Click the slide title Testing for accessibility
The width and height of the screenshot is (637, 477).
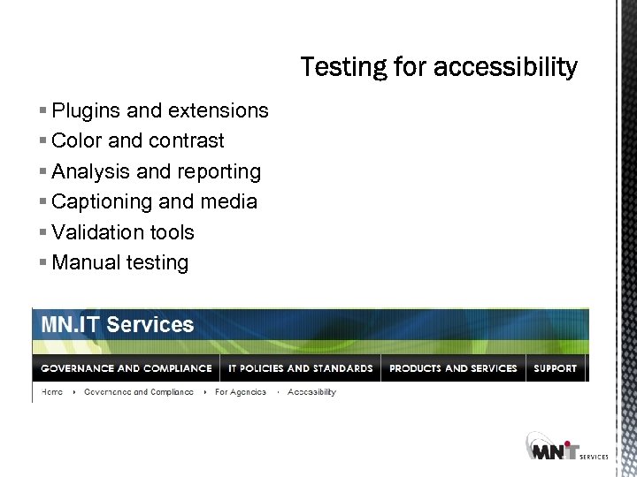coord(439,67)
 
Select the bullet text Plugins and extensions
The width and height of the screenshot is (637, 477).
coord(160,110)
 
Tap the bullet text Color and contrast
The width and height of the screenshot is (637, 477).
coord(138,140)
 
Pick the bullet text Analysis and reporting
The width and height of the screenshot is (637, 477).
coord(157,171)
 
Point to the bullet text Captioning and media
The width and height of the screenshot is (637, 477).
coord(155,201)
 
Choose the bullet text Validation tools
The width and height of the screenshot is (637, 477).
coord(123,232)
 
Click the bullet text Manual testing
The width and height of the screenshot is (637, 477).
coord(120,262)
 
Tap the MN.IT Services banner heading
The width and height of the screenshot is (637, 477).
coord(118,324)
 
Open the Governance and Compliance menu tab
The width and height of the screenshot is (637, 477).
coord(127,368)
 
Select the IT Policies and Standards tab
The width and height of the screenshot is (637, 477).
coord(301,368)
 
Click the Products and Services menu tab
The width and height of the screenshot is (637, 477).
coord(453,368)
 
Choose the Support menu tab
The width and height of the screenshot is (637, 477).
coord(556,368)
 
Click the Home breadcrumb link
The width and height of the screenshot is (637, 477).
coord(52,392)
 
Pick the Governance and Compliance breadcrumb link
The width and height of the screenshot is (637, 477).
coord(139,392)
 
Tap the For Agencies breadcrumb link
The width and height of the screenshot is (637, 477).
coord(241,392)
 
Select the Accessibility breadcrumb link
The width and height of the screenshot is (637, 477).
coord(312,392)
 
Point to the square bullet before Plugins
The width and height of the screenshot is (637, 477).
coord(43,111)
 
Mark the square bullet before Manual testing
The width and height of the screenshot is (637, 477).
coord(43,263)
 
